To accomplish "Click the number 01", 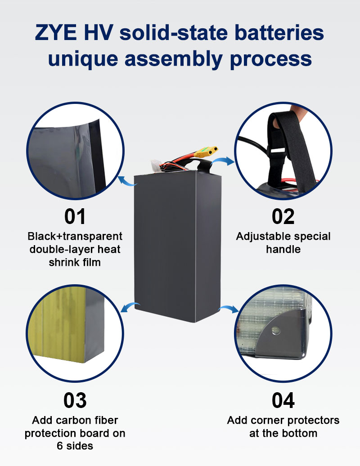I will [x=75, y=216].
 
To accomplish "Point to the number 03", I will [x=75, y=400].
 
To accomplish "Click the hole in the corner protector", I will [x=275, y=331].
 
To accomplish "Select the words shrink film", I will [x=75, y=261].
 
